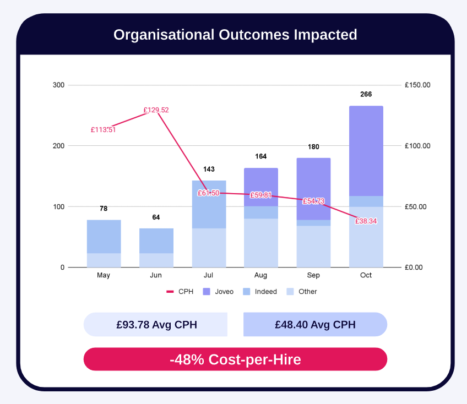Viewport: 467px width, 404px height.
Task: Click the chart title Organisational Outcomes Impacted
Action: click(x=235, y=35)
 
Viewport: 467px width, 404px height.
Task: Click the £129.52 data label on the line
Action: click(x=156, y=110)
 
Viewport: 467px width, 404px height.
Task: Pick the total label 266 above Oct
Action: click(x=366, y=94)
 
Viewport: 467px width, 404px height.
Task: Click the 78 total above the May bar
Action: click(x=104, y=209)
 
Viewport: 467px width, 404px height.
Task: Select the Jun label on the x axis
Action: click(x=156, y=275)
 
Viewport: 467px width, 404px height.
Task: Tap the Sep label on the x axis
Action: click(x=313, y=275)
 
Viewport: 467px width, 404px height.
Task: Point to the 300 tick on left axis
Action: click(x=58, y=85)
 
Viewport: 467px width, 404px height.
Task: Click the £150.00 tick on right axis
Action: click(x=417, y=85)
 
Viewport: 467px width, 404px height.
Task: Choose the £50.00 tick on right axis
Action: click(x=417, y=207)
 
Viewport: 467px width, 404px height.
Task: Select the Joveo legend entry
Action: click(x=224, y=292)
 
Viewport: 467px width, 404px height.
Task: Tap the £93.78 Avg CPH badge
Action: click(x=156, y=325)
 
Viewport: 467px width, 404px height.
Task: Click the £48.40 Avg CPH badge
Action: click(x=315, y=325)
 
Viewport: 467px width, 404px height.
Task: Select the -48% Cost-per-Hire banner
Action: click(x=235, y=359)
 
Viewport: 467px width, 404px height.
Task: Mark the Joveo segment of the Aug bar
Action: click(x=261, y=186)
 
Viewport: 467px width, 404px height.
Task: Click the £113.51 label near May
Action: click(x=103, y=130)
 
